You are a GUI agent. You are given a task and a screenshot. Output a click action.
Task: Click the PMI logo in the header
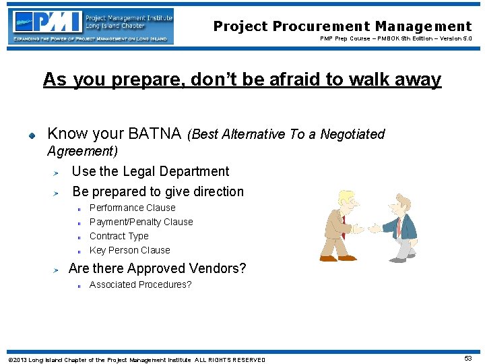(92, 26)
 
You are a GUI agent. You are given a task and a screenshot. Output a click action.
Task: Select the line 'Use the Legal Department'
(150, 171)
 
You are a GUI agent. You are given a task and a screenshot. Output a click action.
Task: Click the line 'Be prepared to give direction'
(158, 191)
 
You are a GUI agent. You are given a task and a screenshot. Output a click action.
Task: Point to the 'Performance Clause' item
(132, 208)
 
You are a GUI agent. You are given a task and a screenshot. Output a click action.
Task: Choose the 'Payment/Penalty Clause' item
(141, 222)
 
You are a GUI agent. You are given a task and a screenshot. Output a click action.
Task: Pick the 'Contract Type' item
(119, 236)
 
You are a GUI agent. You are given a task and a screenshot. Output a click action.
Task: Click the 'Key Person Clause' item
(129, 250)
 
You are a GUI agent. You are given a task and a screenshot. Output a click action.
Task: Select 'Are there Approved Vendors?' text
(157, 268)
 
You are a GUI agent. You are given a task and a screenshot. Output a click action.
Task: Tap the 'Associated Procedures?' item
(140, 284)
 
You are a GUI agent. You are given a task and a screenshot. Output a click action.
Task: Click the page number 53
(467, 359)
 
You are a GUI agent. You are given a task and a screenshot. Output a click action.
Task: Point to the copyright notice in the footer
(136, 359)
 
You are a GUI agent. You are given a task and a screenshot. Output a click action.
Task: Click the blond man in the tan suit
(339, 226)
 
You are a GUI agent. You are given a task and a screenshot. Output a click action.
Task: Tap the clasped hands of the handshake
(367, 229)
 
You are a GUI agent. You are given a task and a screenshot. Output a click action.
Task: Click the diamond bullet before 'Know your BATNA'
(31, 135)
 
